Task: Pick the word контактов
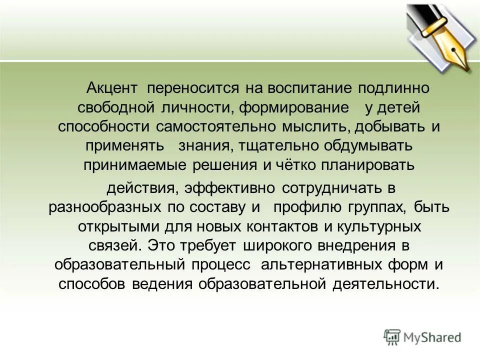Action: (x=282, y=225)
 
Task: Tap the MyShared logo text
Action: (x=432, y=338)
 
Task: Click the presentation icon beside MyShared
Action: (x=392, y=337)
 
